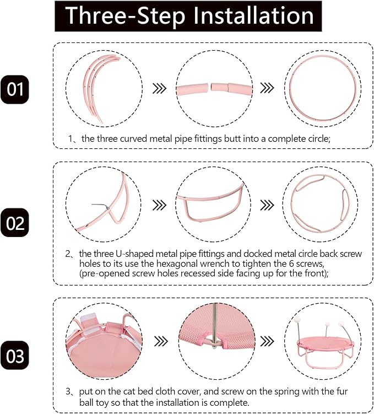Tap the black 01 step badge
coord(14,89)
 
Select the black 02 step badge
coord(14,223)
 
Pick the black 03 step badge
coord(14,356)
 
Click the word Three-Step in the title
coord(125,16)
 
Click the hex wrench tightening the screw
coord(100,206)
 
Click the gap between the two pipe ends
coord(209,88)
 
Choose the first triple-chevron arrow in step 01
coord(160,88)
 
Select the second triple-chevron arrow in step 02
coord(267,205)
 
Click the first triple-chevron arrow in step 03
coord(161,341)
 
